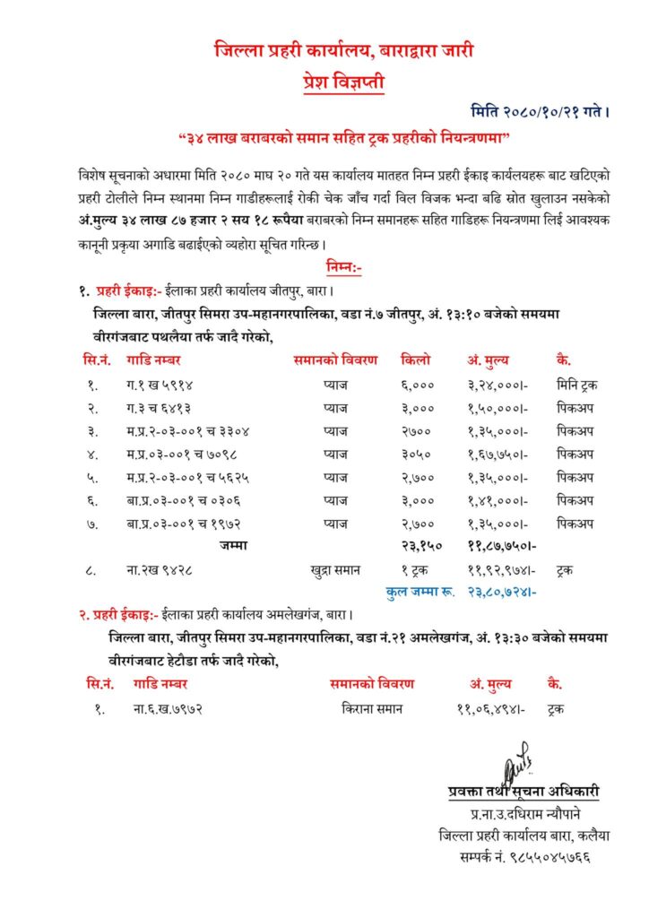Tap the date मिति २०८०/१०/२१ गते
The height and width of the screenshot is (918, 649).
541,112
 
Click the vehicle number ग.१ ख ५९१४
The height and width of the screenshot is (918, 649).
160,384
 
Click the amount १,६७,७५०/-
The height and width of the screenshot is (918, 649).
498,454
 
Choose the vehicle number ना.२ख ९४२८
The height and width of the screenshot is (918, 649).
160,568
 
